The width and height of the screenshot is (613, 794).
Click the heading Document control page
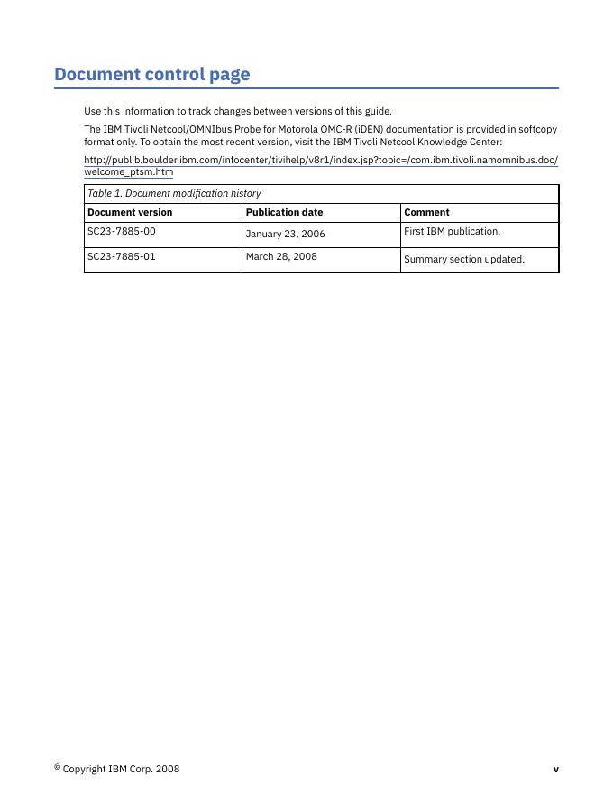(x=151, y=74)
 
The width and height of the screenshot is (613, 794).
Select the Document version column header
(x=129, y=213)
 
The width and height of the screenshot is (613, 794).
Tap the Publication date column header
(x=284, y=213)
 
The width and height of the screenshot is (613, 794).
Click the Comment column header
(x=426, y=213)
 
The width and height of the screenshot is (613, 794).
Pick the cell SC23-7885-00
(x=121, y=232)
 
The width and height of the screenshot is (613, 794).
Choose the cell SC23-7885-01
(x=121, y=256)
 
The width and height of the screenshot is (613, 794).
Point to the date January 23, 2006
(x=285, y=234)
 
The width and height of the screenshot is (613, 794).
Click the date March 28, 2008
(x=281, y=256)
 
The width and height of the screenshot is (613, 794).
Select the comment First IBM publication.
(x=452, y=232)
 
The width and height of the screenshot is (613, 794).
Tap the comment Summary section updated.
(x=463, y=259)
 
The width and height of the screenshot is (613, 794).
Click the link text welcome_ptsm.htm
(x=128, y=171)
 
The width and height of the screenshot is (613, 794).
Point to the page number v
(x=555, y=770)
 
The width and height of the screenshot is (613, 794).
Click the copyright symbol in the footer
(x=57, y=767)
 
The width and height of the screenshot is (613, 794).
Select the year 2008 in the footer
(x=168, y=770)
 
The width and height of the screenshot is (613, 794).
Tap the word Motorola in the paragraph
(x=297, y=130)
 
